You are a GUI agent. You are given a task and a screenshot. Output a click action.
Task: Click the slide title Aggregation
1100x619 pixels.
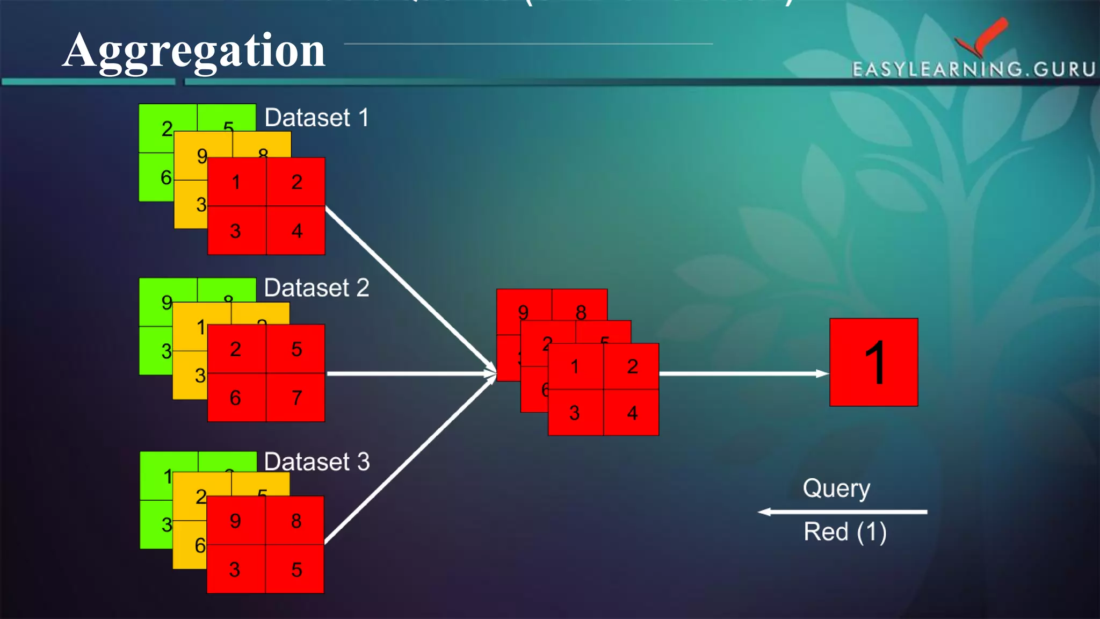tap(194, 51)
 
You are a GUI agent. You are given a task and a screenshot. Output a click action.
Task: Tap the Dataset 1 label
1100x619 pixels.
tap(317, 118)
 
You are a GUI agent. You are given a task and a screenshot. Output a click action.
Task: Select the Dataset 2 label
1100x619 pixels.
tap(317, 288)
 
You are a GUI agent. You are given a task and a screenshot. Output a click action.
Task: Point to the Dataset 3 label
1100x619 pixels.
tap(317, 462)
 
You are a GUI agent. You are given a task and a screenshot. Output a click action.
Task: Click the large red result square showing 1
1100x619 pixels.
tap(873, 362)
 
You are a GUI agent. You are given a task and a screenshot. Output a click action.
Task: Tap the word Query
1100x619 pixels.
tap(836, 489)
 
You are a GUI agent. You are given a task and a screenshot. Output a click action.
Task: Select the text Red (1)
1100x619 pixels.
tap(845, 532)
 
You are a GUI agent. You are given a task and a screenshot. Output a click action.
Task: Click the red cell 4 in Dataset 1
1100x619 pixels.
tap(296, 231)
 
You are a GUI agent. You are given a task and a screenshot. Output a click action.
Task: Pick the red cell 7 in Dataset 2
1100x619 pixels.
tap(296, 398)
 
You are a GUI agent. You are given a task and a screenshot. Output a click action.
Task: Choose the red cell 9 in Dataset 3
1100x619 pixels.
tap(236, 520)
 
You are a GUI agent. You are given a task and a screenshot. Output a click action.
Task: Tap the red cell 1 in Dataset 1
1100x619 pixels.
tap(237, 182)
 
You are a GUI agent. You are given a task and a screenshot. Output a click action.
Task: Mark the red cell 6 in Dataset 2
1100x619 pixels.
tap(236, 398)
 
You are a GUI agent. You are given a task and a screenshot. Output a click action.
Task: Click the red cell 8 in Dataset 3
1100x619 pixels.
tap(295, 520)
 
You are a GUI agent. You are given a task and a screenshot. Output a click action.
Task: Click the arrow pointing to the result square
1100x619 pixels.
tap(744, 373)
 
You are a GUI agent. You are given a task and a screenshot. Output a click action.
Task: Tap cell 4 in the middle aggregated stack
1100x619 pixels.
tap(632, 413)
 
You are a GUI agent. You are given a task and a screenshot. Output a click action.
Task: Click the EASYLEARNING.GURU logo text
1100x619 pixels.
tap(973, 69)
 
